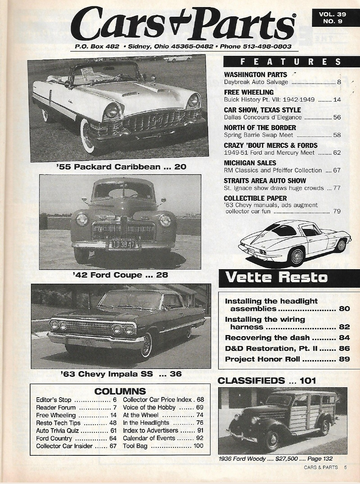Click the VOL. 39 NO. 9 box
(332, 18)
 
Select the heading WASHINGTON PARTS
(255, 75)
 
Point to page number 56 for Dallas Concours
(337, 117)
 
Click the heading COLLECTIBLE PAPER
(255, 198)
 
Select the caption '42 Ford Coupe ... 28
(121, 275)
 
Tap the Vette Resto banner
(276, 277)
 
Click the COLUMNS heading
(120, 391)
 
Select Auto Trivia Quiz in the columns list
(58, 430)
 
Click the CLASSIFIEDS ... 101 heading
(267, 380)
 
